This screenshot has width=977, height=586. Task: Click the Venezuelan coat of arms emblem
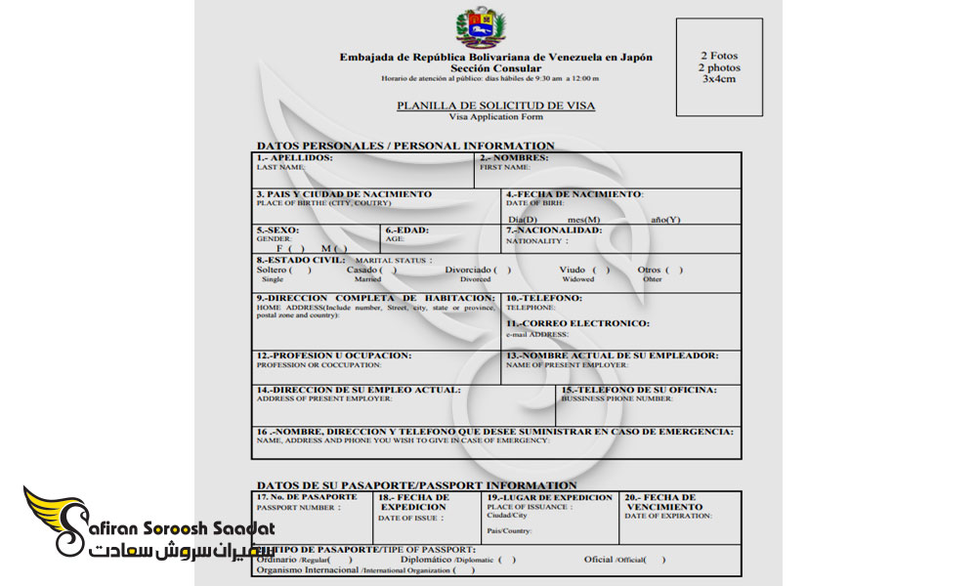pos(481,27)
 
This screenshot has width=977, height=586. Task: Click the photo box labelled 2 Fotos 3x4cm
pos(718,66)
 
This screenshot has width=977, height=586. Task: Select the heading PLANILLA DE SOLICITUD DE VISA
pos(495,105)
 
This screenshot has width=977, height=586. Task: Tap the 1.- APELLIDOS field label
pos(294,158)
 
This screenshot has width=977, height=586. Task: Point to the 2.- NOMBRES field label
pos(514,158)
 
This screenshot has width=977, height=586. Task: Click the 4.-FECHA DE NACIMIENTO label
pos(573,194)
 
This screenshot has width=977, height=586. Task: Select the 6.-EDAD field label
pos(407,230)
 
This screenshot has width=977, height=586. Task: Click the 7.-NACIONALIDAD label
pos(554,230)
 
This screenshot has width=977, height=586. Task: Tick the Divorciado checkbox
pos(502,271)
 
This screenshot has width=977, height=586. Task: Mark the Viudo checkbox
pos(601,271)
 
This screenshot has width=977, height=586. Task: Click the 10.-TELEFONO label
pos(544,298)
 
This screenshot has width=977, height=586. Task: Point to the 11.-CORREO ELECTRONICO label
pos(577,323)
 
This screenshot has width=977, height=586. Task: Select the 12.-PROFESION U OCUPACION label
pos(334,356)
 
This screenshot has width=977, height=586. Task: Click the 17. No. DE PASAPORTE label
pos(306,497)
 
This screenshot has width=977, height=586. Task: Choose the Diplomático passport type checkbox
pos(507,561)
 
